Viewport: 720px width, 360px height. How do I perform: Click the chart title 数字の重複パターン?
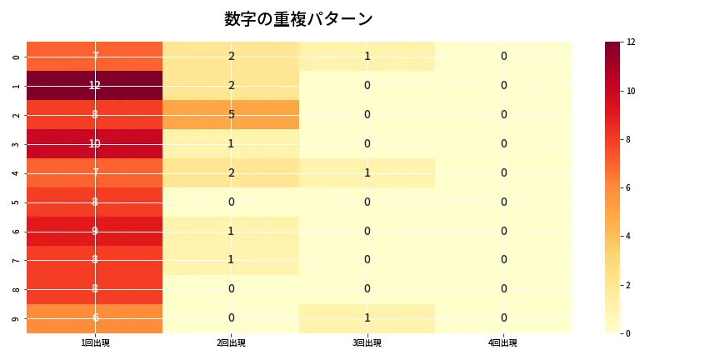pos(298,19)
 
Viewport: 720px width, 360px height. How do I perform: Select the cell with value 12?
pos(95,85)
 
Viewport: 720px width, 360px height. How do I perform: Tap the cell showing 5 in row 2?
pos(231,114)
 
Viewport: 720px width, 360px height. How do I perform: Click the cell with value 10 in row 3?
pos(95,143)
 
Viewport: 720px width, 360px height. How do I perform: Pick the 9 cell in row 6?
pos(95,231)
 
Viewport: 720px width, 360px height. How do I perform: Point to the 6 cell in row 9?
pos(95,318)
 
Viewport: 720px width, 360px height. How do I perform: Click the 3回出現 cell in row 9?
pos(367,318)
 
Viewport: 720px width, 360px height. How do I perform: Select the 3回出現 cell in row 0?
pos(367,56)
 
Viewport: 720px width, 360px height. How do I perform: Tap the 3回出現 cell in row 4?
pos(367,172)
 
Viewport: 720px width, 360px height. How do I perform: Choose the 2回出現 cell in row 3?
pos(231,143)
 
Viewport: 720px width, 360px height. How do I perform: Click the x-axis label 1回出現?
pos(95,342)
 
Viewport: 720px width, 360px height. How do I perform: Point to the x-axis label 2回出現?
pos(231,342)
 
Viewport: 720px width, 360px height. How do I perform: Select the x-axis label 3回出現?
pos(367,342)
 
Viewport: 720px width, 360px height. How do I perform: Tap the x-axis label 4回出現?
pos(503,342)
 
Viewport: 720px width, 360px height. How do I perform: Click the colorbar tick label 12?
pos(631,42)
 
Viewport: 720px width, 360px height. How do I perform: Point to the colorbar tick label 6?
pos(628,187)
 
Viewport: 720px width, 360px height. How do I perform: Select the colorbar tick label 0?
pos(628,333)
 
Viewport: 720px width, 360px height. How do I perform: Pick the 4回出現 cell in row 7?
pos(503,260)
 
